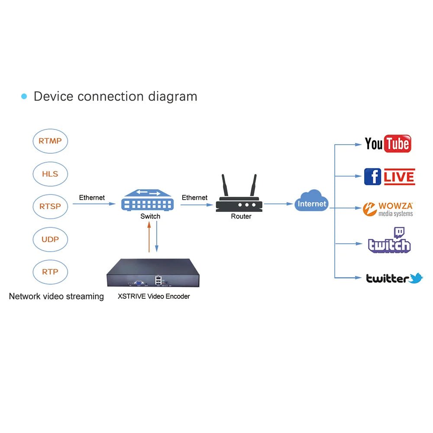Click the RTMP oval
[50, 141]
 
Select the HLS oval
[50, 174]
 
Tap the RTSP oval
[50, 207]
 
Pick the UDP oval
[50, 239]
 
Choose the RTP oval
[50, 272]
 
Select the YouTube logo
[388, 144]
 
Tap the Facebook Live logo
[389, 177]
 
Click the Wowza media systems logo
[388, 209]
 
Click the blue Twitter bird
[416, 278]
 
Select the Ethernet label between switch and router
[194, 198]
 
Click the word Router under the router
[241, 216]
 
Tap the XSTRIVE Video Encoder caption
[154, 297]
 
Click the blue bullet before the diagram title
[24, 96]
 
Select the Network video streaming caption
[56, 297]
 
